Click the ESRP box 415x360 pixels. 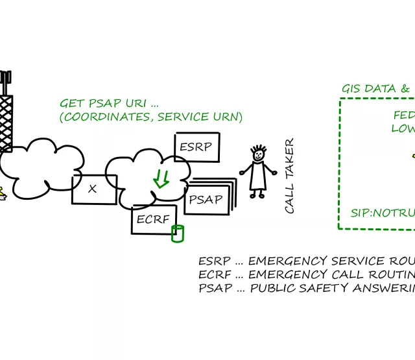(197, 147)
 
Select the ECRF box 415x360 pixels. (153, 220)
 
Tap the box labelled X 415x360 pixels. (93, 189)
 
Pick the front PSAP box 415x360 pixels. (206, 198)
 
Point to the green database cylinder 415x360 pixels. (177, 234)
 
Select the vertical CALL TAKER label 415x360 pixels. (290, 175)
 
